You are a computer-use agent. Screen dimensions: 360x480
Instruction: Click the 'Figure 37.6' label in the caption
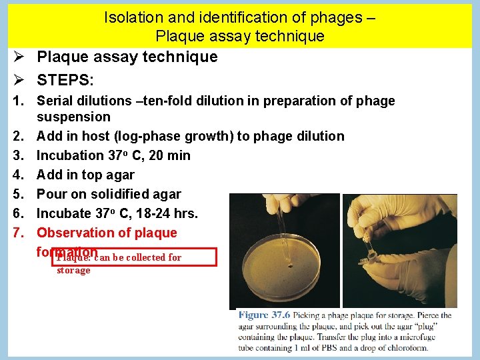264,315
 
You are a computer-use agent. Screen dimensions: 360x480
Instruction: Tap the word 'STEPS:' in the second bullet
65,81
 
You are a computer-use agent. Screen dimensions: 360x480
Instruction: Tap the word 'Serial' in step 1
55,101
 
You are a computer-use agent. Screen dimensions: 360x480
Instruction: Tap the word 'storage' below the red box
73,270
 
